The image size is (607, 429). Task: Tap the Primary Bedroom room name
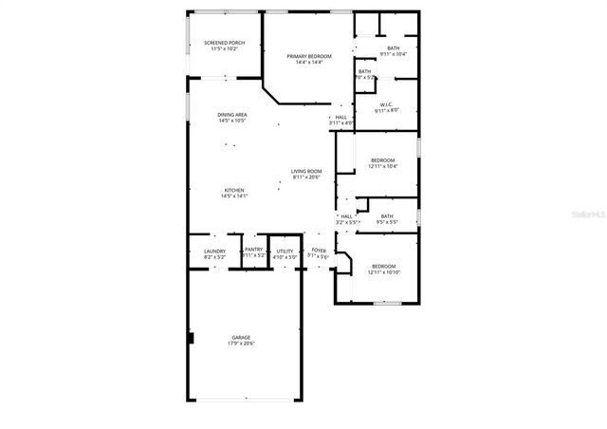[309, 57]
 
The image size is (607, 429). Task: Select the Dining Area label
[232, 115]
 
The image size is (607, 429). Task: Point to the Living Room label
[306, 171]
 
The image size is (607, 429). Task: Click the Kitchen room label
[234, 190]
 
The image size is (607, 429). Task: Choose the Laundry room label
[214, 251]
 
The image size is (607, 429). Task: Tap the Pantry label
[253, 250]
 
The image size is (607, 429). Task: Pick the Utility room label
[285, 251]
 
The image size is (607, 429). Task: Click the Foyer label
[319, 251]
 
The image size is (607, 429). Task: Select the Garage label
[241, 337]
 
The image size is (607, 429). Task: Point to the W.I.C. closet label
[387, 104]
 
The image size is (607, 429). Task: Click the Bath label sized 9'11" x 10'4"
[393, 47]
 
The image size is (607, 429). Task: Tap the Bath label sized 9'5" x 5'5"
[387, 216]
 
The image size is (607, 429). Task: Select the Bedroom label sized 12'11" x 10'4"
[382, 159]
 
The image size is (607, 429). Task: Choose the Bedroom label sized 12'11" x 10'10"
[382, 266]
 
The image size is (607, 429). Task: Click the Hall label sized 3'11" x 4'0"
[341, 118]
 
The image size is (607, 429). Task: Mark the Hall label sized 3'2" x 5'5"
[346, 216]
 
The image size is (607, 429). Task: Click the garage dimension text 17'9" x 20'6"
[241, 344]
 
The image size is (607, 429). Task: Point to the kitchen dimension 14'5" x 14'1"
[234, 196]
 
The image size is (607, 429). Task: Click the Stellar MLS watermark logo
[584, 214]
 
